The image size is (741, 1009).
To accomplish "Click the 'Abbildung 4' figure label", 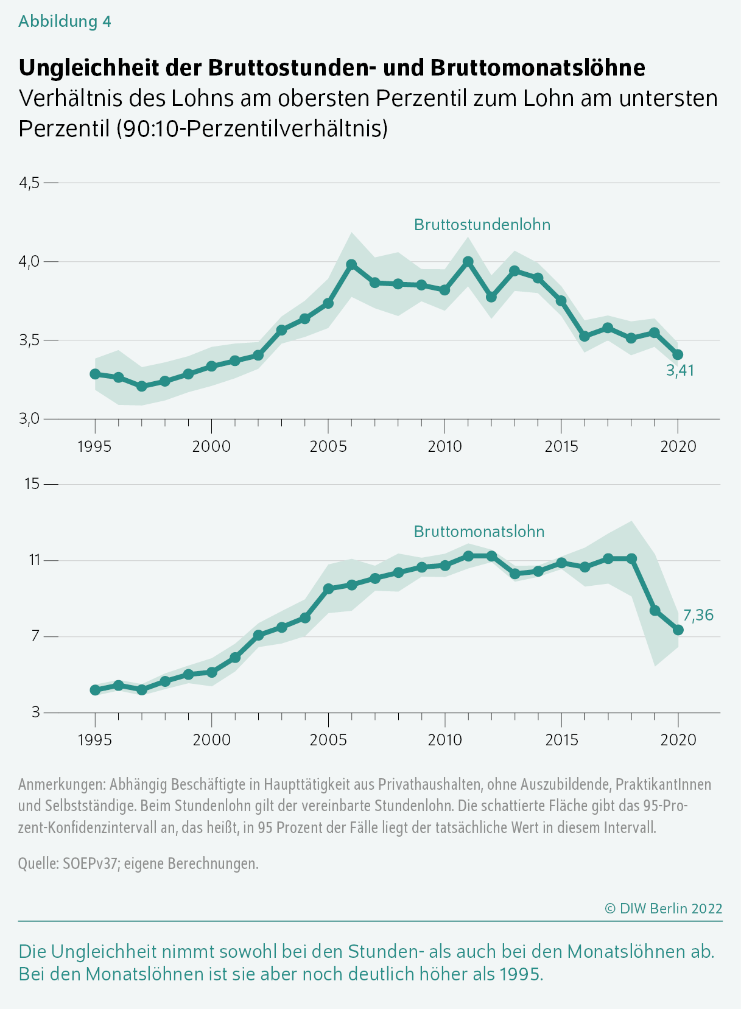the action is click(x=65, y=22).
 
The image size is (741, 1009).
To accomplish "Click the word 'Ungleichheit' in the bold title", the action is click(x=89, y=68).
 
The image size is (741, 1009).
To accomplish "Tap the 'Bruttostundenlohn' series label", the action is click(x=482, y=224).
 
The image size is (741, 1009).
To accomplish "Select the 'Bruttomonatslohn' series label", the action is click(x=479, y=532).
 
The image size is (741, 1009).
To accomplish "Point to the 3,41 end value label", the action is click(x=680, y=370).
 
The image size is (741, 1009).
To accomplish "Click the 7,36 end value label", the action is click(x=698, y=615).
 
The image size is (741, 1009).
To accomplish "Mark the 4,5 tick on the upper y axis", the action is click(x=29, y=183).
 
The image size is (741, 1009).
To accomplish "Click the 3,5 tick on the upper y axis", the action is click(x=29, y=340).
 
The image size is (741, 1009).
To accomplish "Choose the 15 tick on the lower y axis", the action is click(x=32, y=483).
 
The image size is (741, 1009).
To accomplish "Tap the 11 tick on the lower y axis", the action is click(x=33, y=560).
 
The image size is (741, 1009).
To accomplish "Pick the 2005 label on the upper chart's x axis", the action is click(x=328, y=446).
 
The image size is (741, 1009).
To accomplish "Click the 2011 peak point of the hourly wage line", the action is click(x=468, y=261).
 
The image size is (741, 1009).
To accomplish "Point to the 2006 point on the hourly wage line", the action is click(x=351, y=264).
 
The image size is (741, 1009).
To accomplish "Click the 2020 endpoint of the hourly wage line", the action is click(x=678, y=355).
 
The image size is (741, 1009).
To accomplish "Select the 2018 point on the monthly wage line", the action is click(x=631, y=558).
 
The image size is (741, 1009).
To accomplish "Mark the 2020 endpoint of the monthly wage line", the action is click(x=678, y=630).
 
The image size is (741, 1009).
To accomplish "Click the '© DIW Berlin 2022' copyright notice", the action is click(x=664, y=909).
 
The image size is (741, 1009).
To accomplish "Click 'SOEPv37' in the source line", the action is click(x=90, y=863).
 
